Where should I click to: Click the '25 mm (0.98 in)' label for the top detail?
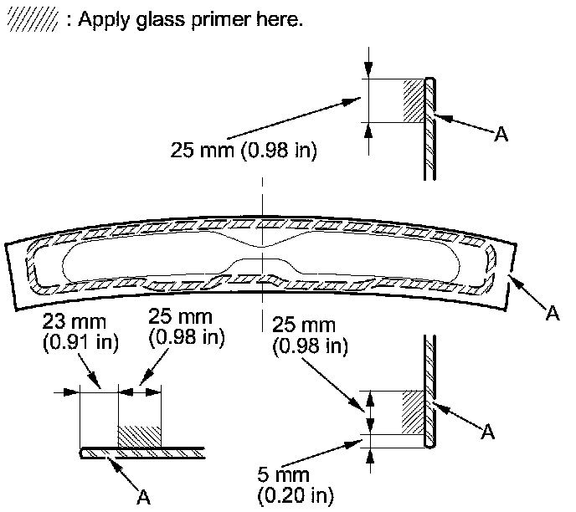243,151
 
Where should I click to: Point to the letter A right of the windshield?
552,314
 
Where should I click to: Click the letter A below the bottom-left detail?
145,495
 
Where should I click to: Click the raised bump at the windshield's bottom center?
262,265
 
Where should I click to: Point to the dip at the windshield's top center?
262,243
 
